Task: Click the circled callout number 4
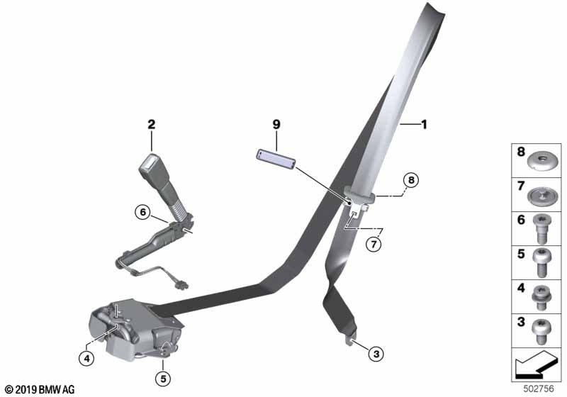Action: tap(86, 359)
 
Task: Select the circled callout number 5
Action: tap(163, 379)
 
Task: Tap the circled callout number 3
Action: tap(376, 354)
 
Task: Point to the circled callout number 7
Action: tap(374, 244)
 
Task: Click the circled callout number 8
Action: tap(411, 180)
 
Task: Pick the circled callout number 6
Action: tap(143, 212)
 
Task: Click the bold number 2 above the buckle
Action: tap(152, 124)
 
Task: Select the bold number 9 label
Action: tap(276, 124)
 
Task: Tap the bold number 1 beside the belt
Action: tap(424, 124)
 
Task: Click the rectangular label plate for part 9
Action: tap(276, 159)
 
